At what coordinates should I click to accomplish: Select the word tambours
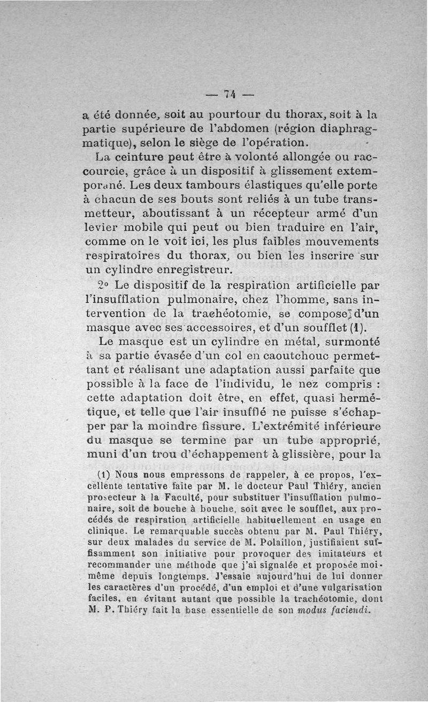pos(208,186)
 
